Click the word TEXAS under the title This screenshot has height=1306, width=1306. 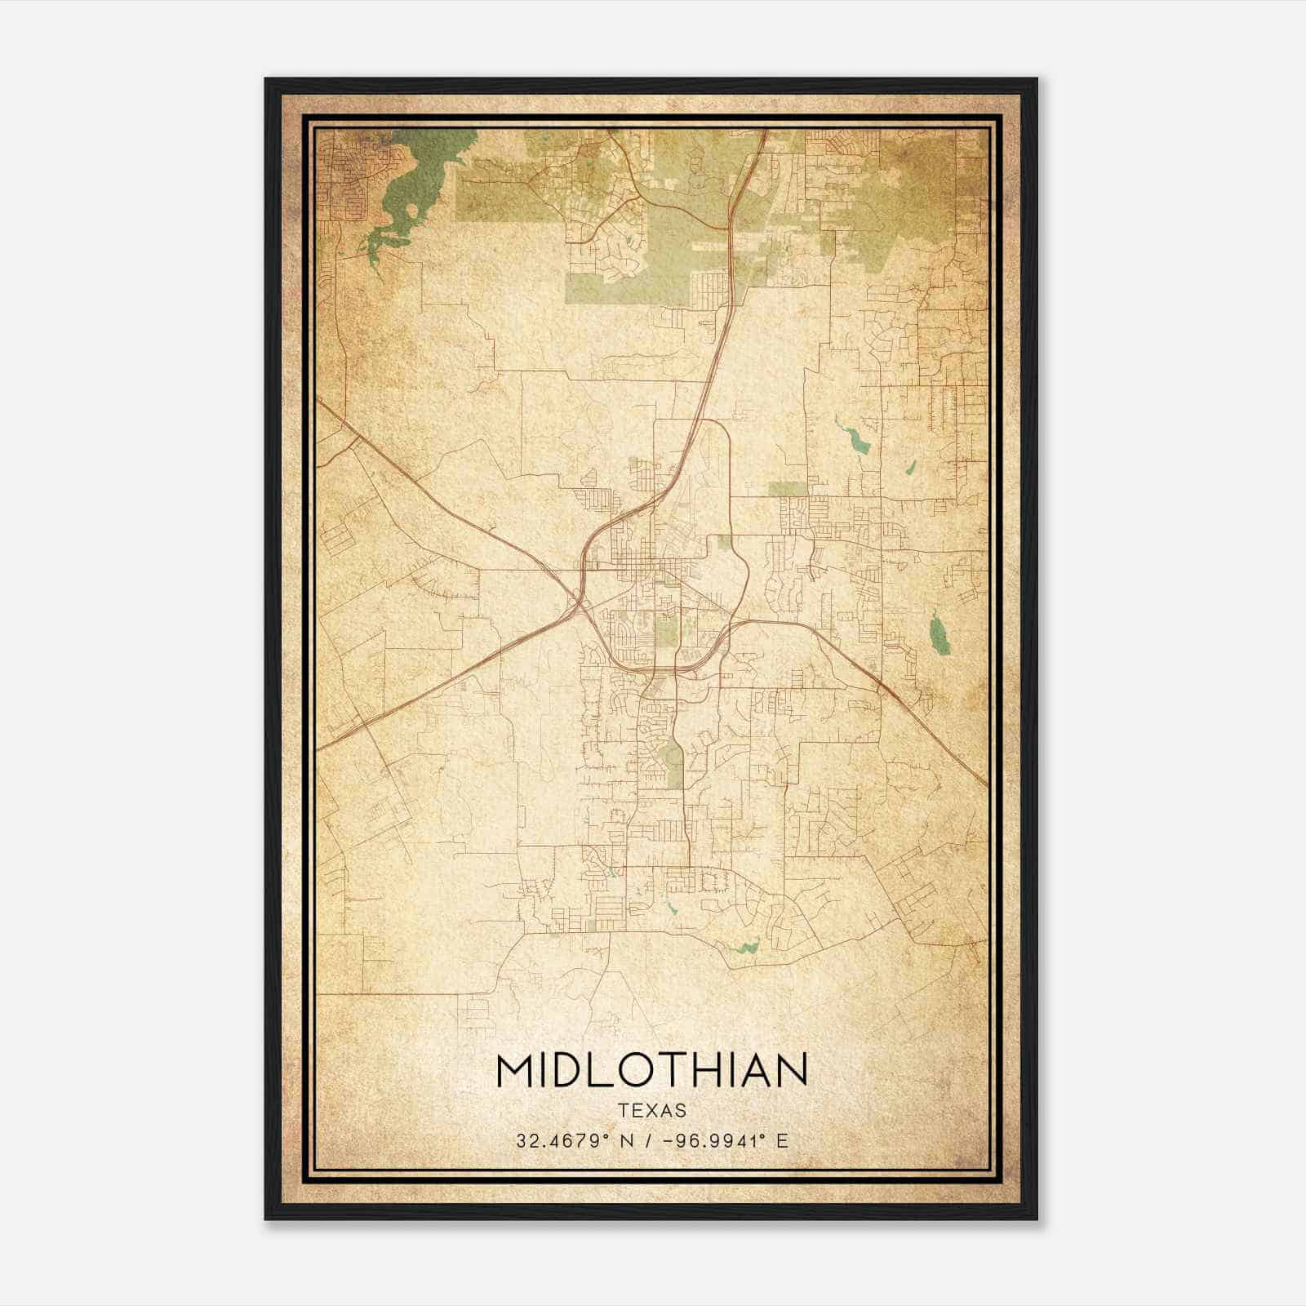click(651, 1111)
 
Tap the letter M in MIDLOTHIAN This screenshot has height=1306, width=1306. click(517, 1071)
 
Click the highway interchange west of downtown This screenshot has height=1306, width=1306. click(580, 602)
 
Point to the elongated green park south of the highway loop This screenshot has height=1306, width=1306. click(675, 763)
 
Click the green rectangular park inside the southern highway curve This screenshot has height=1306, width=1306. click(666, 629)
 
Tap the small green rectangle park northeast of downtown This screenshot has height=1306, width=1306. click(786, 489)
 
